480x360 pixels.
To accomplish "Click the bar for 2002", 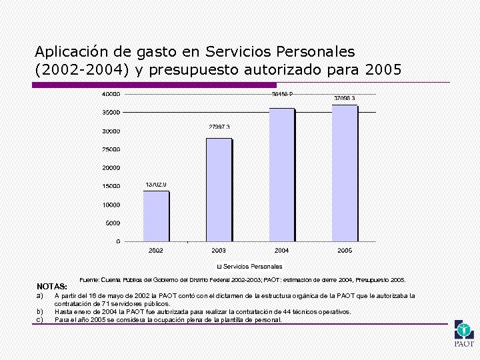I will pyautogui.click(x=156, y=216).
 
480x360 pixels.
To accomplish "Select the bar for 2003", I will pyautogui.click(x=219, y=190).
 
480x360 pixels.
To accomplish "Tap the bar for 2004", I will pyautogui.click(x=281, y=175).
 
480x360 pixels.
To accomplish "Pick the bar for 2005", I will pyautogui.click(x=345, y=173).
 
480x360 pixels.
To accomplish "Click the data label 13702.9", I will pyautogui.click(x=156, y=184).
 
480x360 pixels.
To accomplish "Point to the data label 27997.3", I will pyautogui.click(x=219, y=127).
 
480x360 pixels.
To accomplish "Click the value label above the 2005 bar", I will pyautogui.click(x=345, y=98).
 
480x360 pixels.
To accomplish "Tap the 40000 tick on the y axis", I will pyautogui.click(x=111, y=93).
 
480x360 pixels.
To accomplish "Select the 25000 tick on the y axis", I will pyautogui.click(x=111, y=149).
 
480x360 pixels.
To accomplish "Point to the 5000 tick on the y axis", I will pyautogui.click(x=113, y=223).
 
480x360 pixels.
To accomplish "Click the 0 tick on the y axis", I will pyautogui.click(x=118, y=241).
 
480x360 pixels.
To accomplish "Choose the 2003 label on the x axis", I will pyautogui.click(x=219, y=251).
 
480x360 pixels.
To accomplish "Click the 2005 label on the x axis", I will pyautogui.click(x=345, y=251).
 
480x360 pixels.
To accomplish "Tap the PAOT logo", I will pyautogui.click(x=463, y=333).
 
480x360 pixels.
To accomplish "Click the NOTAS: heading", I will pyautogui.click(x=52, y=286).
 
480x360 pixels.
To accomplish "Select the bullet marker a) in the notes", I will pyautogui.click(x=39, y=295).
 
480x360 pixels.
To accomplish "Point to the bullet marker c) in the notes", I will pyautogui.click(x=39, y=320).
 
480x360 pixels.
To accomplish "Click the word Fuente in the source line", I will pyautogui.click(x=89, y=280).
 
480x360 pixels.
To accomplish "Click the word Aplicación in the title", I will pyautogui.click(x=67, y=51).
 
